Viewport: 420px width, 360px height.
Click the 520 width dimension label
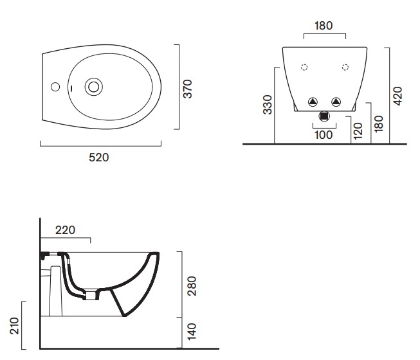click(x=99, y=157)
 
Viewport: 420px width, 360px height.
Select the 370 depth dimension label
click(x=188, y=89)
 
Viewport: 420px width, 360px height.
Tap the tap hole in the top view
click(x=55, y=87)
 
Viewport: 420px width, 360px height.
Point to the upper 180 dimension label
click(x=324, y=26)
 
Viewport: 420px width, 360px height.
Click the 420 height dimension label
click(x=397, y=96)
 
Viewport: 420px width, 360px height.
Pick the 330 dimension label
click(x=268, y=105)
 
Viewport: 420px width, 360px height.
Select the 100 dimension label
click(x=324, y=135)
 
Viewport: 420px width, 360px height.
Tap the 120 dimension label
click(x=358, y=131)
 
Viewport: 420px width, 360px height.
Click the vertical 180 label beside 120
click(x=378, y=123)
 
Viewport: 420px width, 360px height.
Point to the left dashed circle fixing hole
click(x=304, y=67)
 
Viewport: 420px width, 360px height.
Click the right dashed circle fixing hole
click(x=345, y=67)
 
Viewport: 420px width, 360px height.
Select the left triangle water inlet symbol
click(x=313, y=102)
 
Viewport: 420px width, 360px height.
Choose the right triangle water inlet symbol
click(x=336, y=102)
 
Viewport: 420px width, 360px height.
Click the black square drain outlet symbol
click(x=324, y=116)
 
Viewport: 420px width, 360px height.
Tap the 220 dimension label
click(x=66, y=230)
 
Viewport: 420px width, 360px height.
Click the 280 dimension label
click(x=192, y=286)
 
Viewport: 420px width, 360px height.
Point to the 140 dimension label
click(x=192, y=332)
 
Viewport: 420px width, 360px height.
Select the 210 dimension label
click(x=14, y=326)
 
